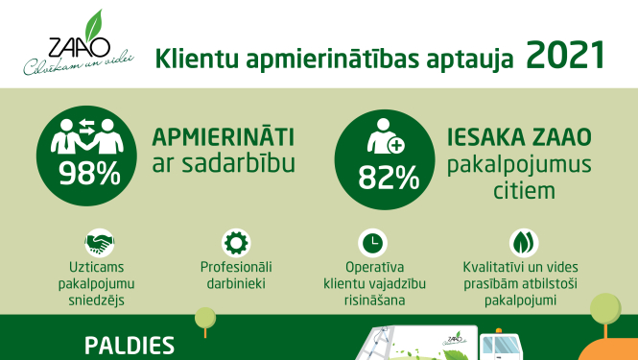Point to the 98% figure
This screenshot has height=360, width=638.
tap(89, 173)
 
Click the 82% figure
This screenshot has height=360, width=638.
tap(389, 178)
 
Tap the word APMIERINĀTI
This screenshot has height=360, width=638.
tap(224, 135)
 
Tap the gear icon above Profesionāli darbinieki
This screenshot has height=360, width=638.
tap(235, 241)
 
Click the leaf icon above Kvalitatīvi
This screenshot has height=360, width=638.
tap(523, 241)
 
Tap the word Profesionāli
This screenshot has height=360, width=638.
tap(235, 266)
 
